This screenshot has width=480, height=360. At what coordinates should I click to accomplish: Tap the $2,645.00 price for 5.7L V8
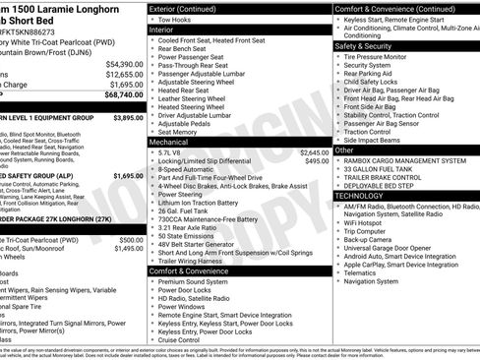pyautogui.click(x=314, y=152)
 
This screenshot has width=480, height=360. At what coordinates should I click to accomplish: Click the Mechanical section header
pyautogui.click(x=170, y=142)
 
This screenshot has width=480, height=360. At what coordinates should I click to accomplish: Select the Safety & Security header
pyautogui.click(x=365, y=45)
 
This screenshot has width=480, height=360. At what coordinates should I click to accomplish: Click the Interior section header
pyautogui.click(x=161, y=30)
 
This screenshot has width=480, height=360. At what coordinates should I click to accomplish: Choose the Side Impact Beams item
pyautogui.click(x=379, y=140)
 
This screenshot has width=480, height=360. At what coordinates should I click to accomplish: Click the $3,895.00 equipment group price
pyautogui.click(x=128, y=116)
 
